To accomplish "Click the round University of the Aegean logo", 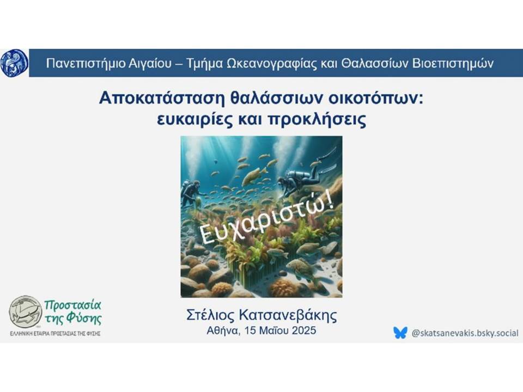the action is (14, 63).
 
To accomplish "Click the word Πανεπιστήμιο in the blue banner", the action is (85, 63).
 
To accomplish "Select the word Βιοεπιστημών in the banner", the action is (453, 63).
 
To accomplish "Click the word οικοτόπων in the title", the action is (375, 99).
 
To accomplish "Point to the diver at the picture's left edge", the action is (191, 193).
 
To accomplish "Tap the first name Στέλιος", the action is (210, 315).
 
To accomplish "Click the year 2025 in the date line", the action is (304, 330).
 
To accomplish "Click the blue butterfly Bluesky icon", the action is (400, 333).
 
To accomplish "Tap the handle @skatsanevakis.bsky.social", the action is (465, 333).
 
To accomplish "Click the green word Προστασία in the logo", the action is (72, 305).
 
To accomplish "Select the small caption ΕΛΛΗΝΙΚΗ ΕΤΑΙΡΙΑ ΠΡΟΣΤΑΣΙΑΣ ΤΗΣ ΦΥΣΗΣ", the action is (56, 334).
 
